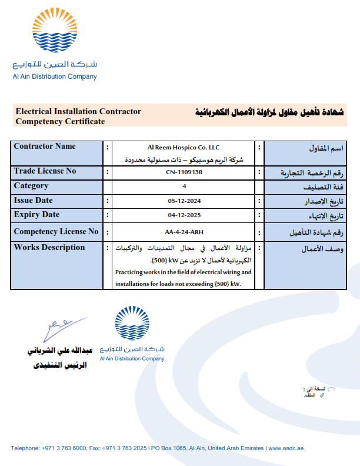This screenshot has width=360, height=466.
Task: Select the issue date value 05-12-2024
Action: [x=184, y=201]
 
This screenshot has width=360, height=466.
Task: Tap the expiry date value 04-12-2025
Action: [x=184, y=215]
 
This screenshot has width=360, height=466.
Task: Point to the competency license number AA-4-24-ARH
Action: [x=184, y=232]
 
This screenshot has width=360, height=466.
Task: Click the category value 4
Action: [x=184, y=187]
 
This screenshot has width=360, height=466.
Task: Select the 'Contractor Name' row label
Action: [x=45, y=147]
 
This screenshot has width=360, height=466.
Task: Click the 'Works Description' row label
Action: [x=49, y=248]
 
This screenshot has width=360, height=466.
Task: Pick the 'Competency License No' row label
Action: [x=56, y=232]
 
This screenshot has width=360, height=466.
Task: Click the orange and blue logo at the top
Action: [x=55, y=32]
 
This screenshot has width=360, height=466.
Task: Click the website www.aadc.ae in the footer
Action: [x=285, y=448]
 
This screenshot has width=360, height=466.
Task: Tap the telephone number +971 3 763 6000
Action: [x=61, y=448]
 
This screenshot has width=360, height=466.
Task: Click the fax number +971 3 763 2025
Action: [x=125, y=448]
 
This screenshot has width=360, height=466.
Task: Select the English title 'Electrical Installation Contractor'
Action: [x=78, y=111]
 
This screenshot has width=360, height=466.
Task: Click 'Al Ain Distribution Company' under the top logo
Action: [x=55, y=76]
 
